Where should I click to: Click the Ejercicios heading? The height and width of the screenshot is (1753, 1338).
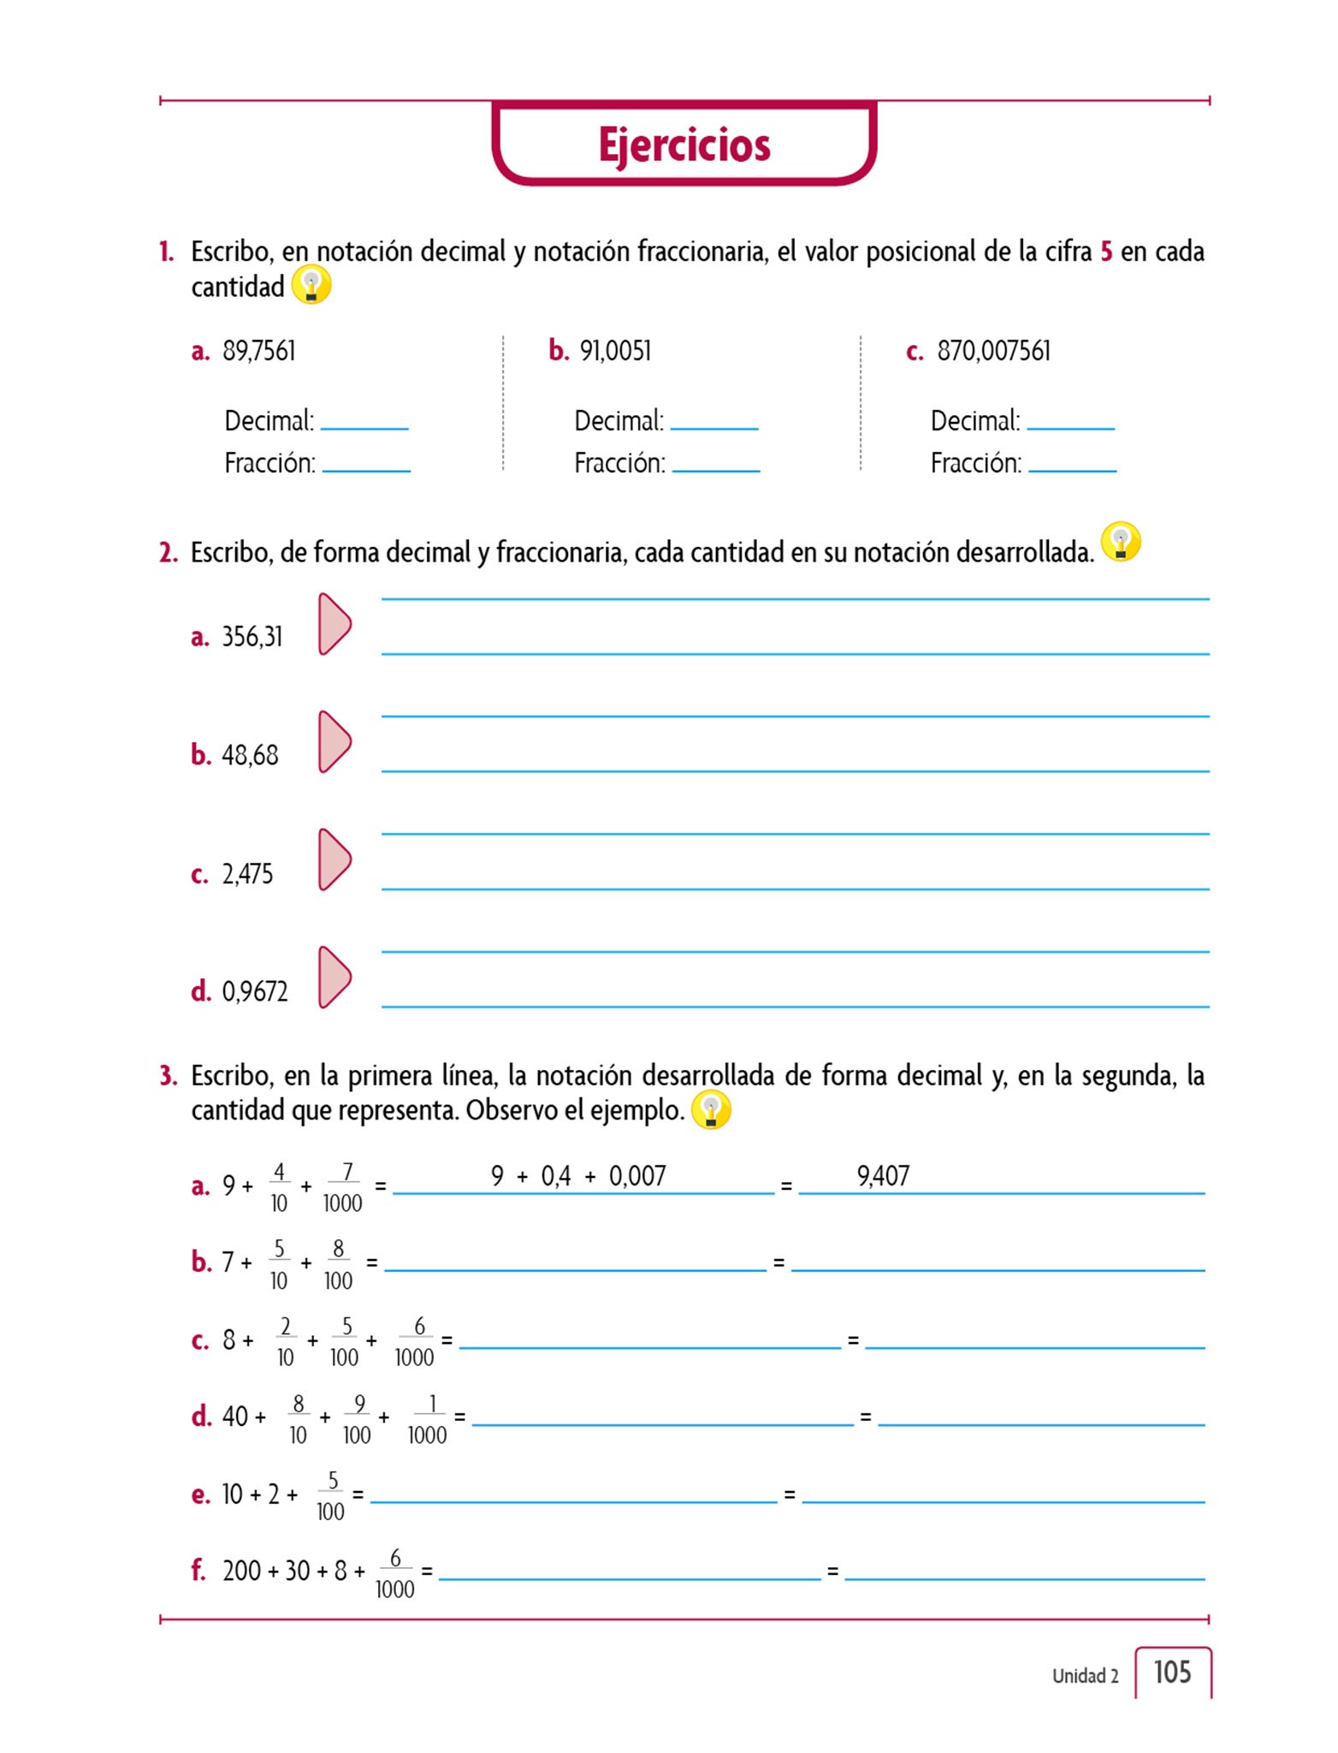tap(684, 145)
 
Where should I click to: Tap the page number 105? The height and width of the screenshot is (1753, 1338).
tap(1171, 1672)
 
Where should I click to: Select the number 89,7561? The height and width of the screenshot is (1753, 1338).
tap(258, 351)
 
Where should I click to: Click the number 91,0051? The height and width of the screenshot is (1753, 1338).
tap(615, 351)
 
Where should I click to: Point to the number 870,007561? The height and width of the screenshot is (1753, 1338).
tap(993, 351)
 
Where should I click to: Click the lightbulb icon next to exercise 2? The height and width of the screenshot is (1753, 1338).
tap(1121, 543)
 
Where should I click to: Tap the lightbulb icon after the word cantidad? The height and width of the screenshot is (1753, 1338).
tap(311, 285)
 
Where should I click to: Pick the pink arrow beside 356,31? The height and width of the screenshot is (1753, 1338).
tap(334, 624)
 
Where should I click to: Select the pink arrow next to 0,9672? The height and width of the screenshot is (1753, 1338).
tap(334, 977)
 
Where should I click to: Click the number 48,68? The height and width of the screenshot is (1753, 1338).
tap(250, 755)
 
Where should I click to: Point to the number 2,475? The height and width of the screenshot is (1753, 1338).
tap(247, 874)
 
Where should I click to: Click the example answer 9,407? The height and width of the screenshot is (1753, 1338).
tap(883, 1176)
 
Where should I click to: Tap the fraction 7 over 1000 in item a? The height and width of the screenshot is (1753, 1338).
tap(343, 1187)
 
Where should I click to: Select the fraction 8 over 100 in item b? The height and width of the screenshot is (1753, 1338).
tap(338, 1264)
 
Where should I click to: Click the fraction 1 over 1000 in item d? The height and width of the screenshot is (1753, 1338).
tap(427, 1419)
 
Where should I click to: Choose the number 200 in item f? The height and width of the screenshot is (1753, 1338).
tap(241, 1571)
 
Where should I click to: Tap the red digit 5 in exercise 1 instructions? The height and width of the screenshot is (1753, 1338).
tap(1106, 252)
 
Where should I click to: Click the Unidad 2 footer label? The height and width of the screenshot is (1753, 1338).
tap(1085, 1676)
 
